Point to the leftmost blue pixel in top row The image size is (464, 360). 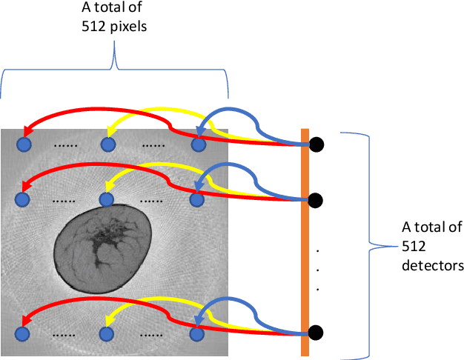click(x=23, y=144)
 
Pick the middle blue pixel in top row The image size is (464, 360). click(x=109, y=144)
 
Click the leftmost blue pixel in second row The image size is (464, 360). click(x=23, y=199)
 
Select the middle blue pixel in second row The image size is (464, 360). click(x=109, y=199)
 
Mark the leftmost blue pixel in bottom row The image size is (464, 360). click(x=23, y=333)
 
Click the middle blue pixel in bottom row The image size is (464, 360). click(x=109, y=333)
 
